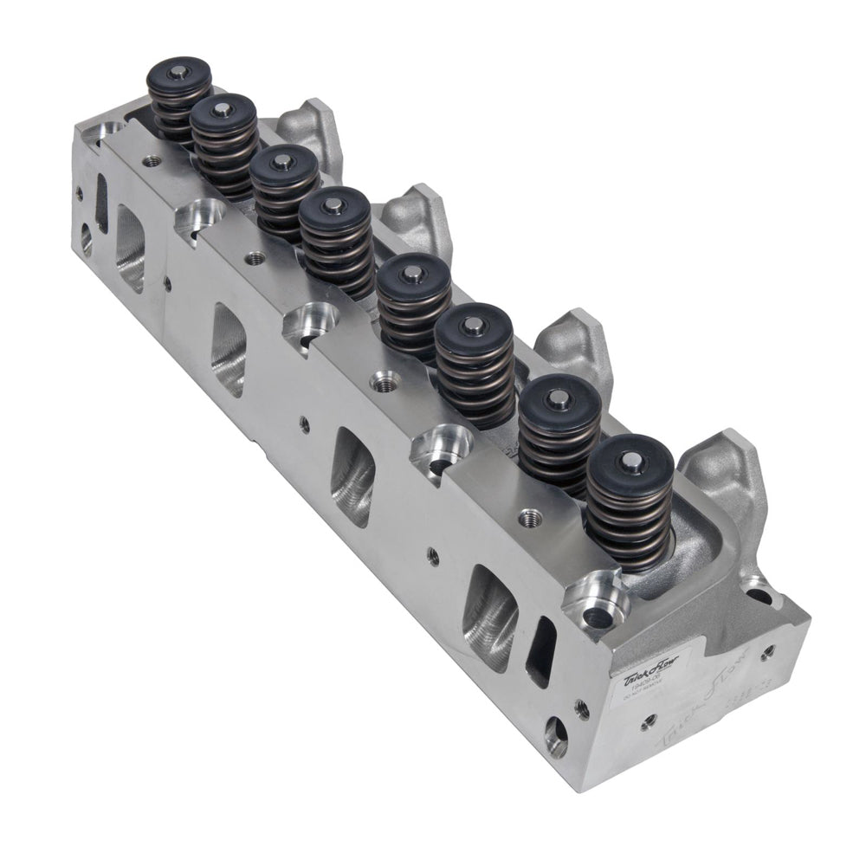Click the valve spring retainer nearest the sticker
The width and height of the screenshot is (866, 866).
[630, 460]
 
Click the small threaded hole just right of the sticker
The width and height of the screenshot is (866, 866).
[583, 711]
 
